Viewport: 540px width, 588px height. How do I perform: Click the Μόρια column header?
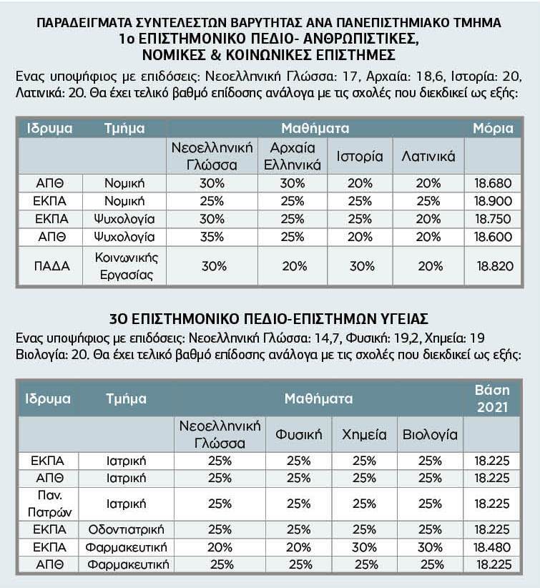(x=493, y=129)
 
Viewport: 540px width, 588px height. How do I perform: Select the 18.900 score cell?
(x=493, y=200)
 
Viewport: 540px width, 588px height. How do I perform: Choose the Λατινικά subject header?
(x=428, y=156)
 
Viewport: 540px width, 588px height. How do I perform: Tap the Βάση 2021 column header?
(x=492, y=398)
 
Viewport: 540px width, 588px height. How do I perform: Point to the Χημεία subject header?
(x=364, y=434)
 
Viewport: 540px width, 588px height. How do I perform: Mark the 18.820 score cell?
(x=493, y=266)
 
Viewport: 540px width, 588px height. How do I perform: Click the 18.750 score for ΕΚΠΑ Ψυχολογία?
(x=493, y=219)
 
